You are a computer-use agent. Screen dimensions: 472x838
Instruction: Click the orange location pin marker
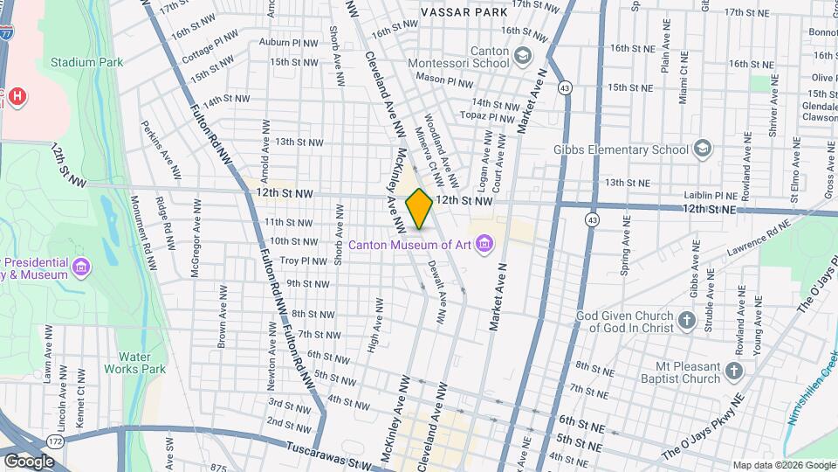419,209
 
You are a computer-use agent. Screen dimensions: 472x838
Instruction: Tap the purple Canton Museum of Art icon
484,245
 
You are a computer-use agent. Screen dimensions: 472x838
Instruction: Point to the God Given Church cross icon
686,321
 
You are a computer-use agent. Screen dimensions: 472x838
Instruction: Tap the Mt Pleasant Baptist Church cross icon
733,372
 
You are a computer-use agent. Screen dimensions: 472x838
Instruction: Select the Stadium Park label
86,62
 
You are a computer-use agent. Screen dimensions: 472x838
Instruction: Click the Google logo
29,461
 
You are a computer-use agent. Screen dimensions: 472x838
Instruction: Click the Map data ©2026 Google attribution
783,465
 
